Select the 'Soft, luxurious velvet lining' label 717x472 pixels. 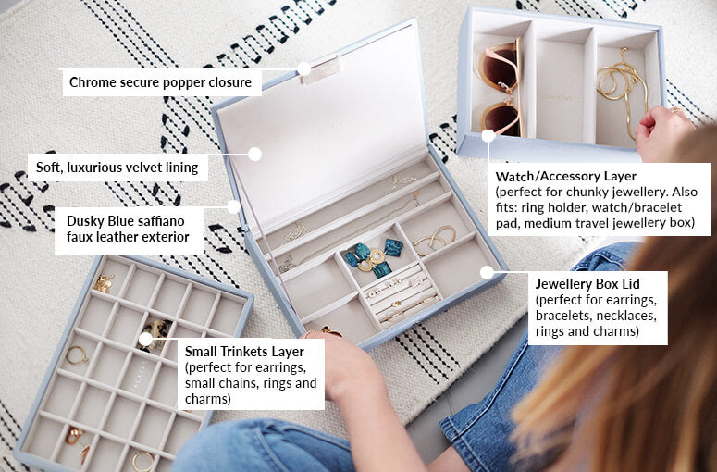pos(117,168)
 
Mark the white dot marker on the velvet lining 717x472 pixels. pos(255,154)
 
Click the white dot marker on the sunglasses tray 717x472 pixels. pos(488,135)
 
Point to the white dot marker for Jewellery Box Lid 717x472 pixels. pos(487,271)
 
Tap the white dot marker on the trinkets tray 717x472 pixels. pos(145,339)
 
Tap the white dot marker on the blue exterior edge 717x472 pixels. pos(235,206)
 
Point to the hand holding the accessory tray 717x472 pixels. pos(662,130)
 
